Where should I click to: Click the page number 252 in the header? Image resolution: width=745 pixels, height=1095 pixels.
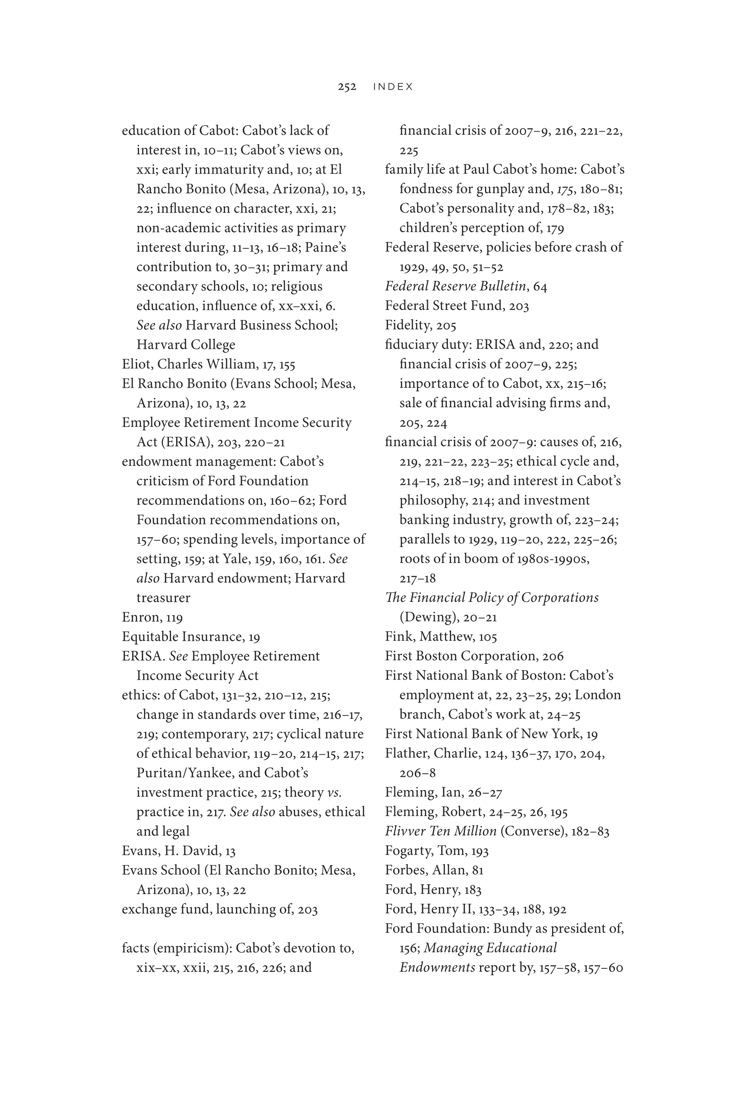point(346,87)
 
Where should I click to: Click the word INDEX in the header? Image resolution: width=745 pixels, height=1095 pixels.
point(393,87)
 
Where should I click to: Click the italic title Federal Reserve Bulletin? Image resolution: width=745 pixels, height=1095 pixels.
point(455,286)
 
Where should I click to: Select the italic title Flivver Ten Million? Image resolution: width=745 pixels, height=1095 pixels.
point(440,831)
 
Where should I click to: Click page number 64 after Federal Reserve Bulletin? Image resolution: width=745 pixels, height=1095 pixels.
point(540,286)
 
